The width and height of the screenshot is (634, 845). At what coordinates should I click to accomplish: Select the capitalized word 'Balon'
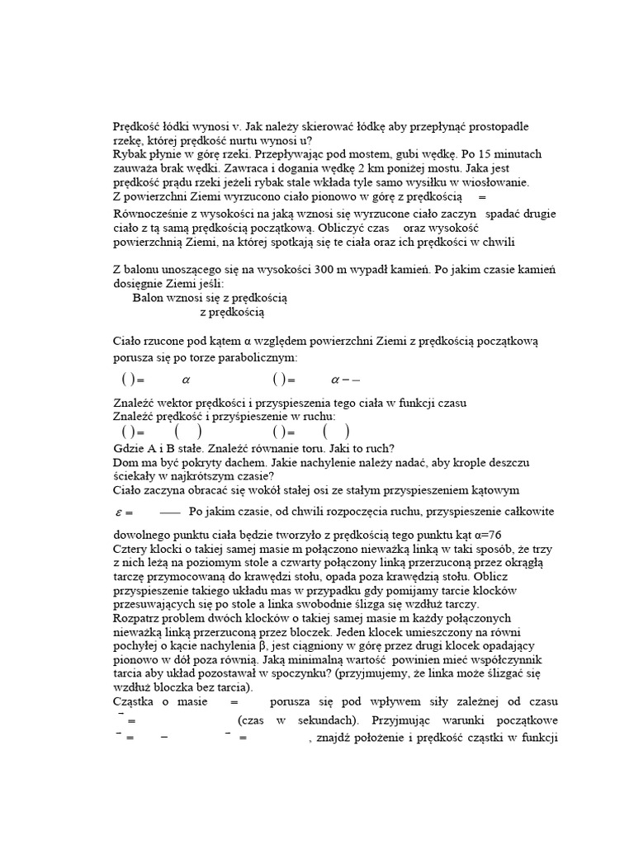(148, 297)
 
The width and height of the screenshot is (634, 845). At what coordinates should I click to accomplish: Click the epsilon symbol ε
(119, 512)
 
